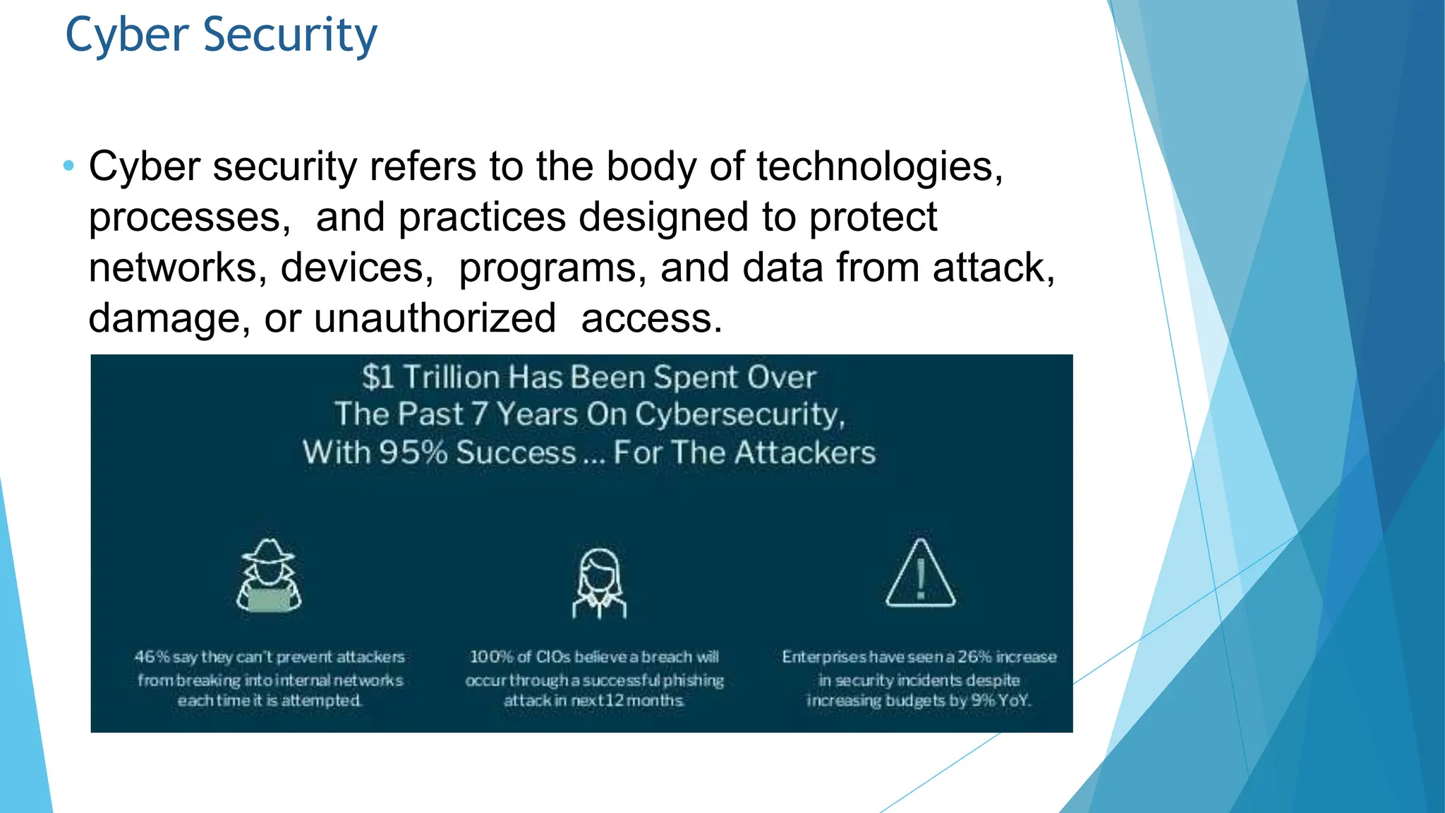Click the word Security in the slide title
[x=290, y=35]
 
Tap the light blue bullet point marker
[x=68, y=167]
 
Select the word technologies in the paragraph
[x=879, y=167]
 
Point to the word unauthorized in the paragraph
[x=435, y=318]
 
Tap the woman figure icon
[x=599, y=583]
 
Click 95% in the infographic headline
[x=413, y=452]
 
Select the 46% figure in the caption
[x=152, y=657]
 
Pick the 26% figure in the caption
[x=974, y=657]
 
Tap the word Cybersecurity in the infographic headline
[x=739, y=414]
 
